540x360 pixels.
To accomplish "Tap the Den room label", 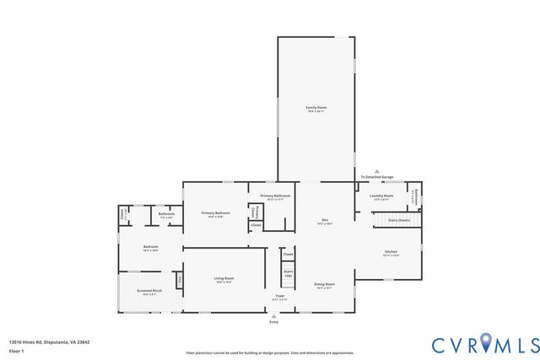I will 324,222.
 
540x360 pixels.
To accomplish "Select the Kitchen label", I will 391,253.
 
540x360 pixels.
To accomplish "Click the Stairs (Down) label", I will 398,219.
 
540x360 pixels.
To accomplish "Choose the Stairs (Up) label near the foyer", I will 289,273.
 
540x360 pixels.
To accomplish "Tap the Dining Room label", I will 324,285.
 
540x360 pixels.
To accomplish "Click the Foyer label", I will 281,297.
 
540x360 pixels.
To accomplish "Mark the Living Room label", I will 224,279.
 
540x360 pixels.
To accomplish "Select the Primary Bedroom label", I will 215,213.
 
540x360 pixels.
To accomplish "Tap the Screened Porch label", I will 148,292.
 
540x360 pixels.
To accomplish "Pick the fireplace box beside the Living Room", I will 179,279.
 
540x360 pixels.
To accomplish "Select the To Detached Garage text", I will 378,177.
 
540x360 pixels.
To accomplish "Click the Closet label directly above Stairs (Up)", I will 288,254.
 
